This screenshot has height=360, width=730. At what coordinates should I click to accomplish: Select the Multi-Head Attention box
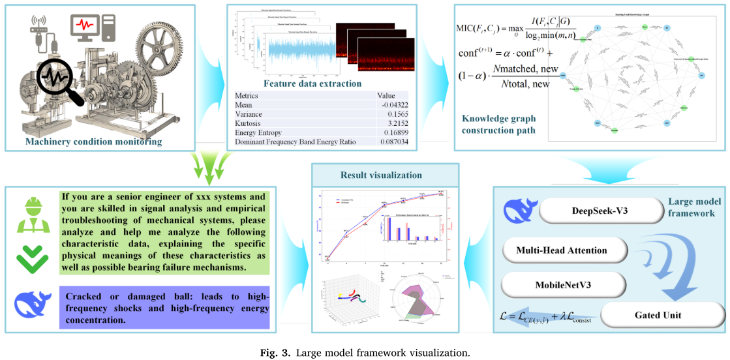[561, 250]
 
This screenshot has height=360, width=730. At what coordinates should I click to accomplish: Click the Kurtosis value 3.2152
[391, 122]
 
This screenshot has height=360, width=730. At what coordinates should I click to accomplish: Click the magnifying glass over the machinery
[61, 81]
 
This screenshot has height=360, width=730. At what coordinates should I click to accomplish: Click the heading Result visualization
[381, 175]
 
